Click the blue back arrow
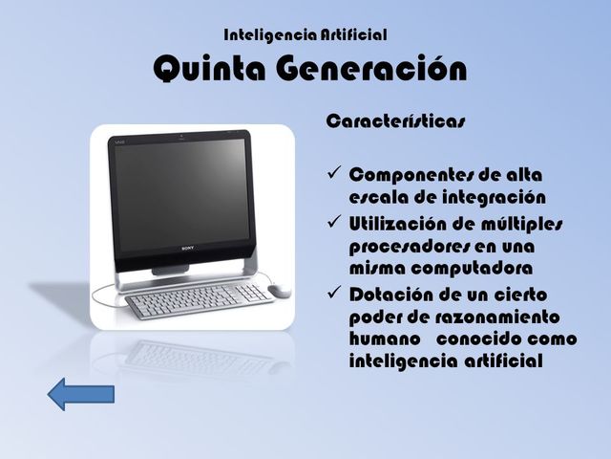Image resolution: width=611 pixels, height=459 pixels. tap(81, 392)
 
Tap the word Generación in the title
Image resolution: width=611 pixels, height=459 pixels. tap(373, 70)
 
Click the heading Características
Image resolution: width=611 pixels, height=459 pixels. tap(396, 122)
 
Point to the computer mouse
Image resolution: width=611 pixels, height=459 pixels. tap(280, 290)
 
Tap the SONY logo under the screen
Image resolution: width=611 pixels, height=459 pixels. tap(187, 250)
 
